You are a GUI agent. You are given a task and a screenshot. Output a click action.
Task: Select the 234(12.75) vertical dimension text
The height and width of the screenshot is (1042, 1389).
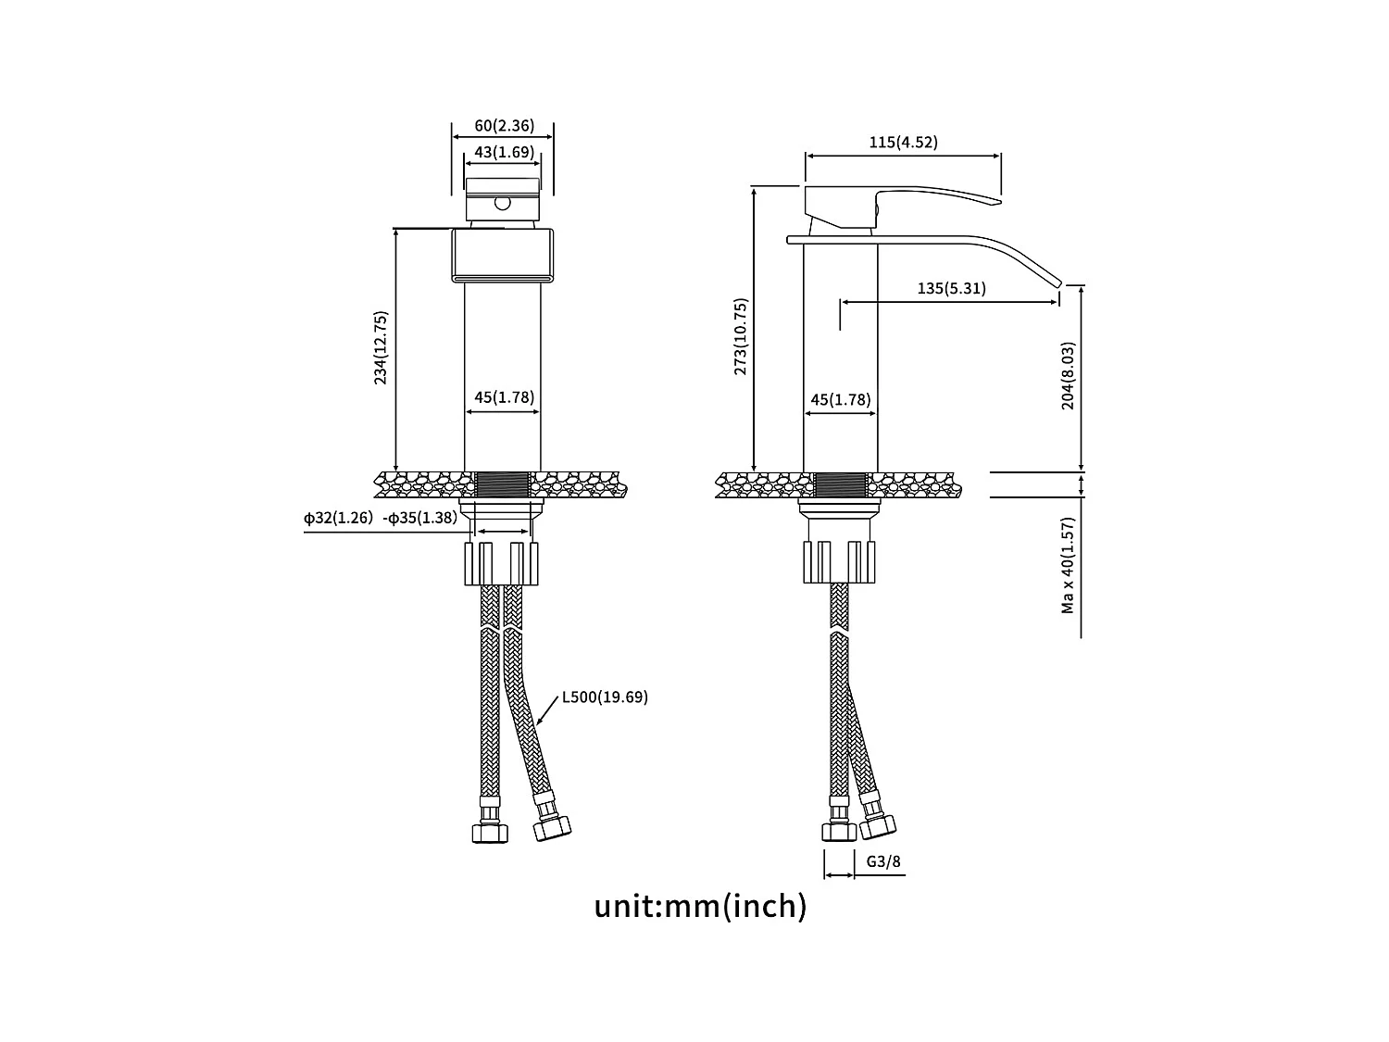[x=381, y=348]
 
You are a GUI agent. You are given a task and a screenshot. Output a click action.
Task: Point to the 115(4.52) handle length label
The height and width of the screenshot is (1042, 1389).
[x=903, y=142]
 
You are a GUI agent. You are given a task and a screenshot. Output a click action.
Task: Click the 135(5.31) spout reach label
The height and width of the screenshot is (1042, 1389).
[x=951, y=288]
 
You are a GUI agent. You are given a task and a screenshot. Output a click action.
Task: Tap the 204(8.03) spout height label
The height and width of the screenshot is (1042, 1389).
[x=1068, y=376]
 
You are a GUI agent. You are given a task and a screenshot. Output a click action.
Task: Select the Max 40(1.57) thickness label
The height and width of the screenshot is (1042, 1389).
[x=1068, y=565]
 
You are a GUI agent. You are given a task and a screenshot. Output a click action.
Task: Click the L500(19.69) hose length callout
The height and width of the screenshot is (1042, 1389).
[x=605, y=697]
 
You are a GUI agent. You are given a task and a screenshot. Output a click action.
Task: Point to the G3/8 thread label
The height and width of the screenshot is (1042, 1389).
[x=883, y=861]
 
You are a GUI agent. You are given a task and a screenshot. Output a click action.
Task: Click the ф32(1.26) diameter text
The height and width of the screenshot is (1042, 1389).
[x=338, y=518]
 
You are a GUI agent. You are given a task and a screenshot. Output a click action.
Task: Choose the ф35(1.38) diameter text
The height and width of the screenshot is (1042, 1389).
[x=420, y=518]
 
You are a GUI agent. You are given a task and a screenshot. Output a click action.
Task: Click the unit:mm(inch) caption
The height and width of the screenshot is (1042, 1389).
[x=700, y=905]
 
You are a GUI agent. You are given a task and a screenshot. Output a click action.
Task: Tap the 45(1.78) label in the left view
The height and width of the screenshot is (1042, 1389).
[x=504, y=397]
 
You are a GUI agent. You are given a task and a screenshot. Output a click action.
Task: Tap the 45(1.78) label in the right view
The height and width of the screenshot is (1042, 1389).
[x=840, y=399]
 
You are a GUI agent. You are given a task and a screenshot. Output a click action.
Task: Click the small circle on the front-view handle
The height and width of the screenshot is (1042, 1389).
[x=502, y=201]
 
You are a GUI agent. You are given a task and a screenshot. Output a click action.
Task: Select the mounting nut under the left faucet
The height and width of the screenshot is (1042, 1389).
[x=501, y=563]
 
